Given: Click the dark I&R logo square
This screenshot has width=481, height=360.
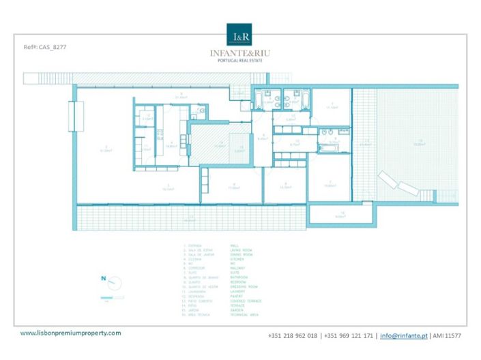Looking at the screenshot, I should pyautogui.click(x=239, y=34).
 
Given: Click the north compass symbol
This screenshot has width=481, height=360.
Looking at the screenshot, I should pyautogui.click(x=106, y=278).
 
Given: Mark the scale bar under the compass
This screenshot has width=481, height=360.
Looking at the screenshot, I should pyautogui.click(x=106, y=297).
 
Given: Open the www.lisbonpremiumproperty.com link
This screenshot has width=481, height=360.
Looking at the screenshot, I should pyautogui.click(x=70, y=333).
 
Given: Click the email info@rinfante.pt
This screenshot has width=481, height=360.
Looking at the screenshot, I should pyautogui.click(x=404, y=335).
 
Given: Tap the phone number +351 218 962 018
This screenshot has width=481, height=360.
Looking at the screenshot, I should pyautogui.click(x=294, y=335).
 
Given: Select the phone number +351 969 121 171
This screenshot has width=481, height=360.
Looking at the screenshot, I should pyautogui.click(x=349, y=335).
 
